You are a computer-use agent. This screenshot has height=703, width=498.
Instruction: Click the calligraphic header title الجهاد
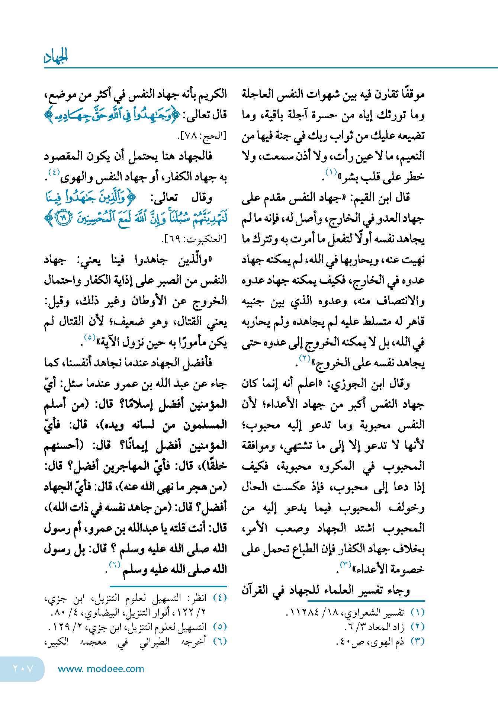56,57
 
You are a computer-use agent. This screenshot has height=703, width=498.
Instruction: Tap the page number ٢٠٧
23,669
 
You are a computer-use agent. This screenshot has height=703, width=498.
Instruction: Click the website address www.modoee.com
101,669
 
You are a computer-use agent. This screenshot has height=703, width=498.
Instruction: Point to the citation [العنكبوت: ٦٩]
194,239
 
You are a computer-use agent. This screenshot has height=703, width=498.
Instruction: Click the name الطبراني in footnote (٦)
154,641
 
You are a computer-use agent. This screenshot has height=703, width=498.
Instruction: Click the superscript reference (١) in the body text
331,172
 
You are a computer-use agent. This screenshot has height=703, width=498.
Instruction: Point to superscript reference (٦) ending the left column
115,565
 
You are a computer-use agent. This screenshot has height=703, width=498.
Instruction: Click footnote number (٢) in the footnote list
417,627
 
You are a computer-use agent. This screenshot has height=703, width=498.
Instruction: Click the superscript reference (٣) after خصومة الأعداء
346,565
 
